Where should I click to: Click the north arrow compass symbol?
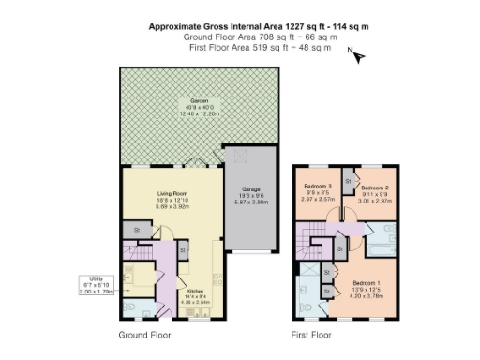(x=357, y=56)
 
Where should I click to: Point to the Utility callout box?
(x=97, y=285)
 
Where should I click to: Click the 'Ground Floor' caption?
(x=144, y=334)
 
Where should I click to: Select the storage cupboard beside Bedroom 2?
(x=348, y=179)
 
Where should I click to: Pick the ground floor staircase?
(x=144, y=252)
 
